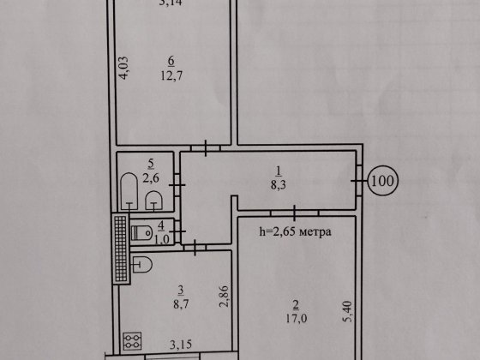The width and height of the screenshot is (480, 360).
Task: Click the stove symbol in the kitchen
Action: [x=133, y=342]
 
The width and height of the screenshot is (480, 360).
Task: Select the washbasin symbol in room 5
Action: [x=153, y=200]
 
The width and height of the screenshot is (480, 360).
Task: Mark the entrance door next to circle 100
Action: [x=356, y=182]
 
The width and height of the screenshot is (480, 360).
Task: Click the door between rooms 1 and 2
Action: [x=294, y=209]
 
